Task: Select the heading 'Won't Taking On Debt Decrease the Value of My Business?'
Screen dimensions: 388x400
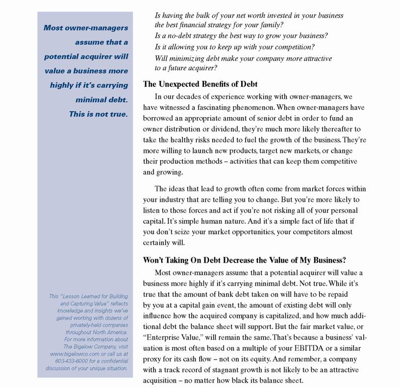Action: coord(251,260)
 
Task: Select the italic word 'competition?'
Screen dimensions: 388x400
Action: coord(291,47)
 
